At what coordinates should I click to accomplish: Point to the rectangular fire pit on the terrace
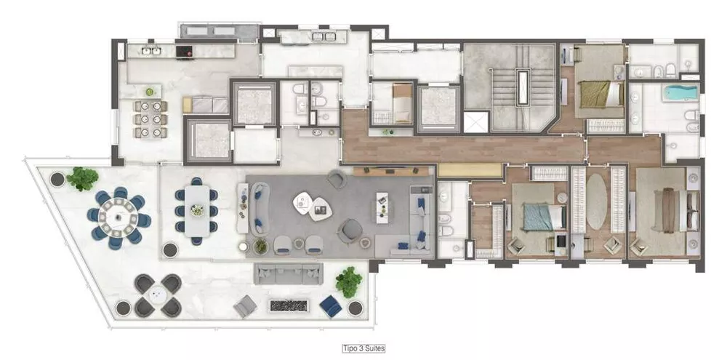pos(289,305)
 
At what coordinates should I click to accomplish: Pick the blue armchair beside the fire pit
pos(330,305)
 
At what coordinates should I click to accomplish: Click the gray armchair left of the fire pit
pos(245,306)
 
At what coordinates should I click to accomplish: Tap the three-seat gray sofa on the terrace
pos(289,273)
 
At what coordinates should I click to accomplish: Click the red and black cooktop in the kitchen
pos(187,52)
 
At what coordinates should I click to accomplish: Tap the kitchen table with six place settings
pos(150,119)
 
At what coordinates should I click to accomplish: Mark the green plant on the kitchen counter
pos(150,92)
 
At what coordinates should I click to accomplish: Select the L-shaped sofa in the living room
pos(419,218)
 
